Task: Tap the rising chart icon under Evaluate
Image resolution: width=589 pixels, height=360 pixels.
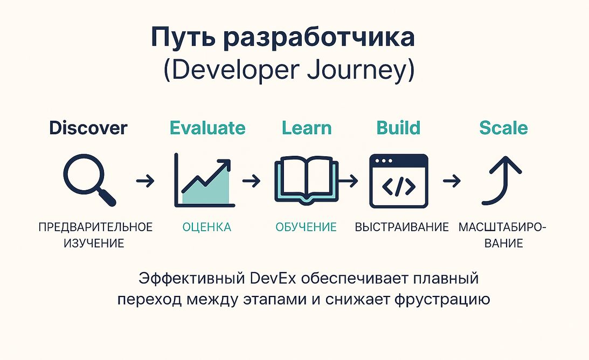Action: click(205, 181)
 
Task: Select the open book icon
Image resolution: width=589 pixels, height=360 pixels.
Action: click(306, 181)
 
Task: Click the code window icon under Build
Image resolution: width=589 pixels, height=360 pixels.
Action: click(399, 181)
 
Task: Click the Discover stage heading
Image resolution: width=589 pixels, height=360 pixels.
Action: click(88, 128)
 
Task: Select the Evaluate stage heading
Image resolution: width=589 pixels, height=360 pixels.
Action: click(207, 128)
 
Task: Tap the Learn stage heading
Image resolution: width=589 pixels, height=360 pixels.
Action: click(307, 128)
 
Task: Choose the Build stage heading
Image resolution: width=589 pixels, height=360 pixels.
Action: click(398, 128)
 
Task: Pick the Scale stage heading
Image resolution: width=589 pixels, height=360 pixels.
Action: click(503, 128)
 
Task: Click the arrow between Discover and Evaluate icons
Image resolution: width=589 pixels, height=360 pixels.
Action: click(145, 181)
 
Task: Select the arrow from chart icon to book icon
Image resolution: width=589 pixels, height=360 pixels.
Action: click(251, 181)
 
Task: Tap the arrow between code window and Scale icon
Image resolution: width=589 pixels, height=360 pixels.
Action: click(452, 181)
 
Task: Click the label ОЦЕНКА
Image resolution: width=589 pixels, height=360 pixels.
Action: click(206, 227)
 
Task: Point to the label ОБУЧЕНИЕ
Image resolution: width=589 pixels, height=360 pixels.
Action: click(306, 227)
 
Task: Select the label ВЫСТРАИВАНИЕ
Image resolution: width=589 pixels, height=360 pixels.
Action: click(402, 227)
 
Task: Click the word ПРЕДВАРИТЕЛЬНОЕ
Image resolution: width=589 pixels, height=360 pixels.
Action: click(95, 227)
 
